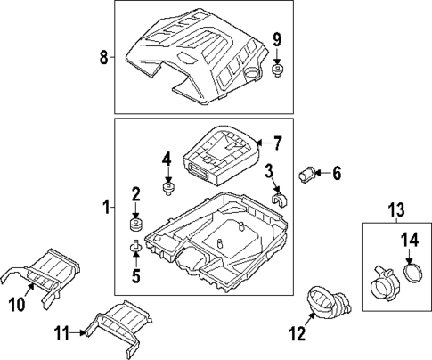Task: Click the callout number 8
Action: tap(103, 59)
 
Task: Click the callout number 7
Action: tap(277, 142)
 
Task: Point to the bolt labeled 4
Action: tap(167, 187)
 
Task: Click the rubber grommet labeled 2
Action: tap(137, 220)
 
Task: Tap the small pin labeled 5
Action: tap(135, 247)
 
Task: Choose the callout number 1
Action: tap(106, 209)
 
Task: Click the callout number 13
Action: tap(395, 210)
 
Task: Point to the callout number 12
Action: tap(295, 334)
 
